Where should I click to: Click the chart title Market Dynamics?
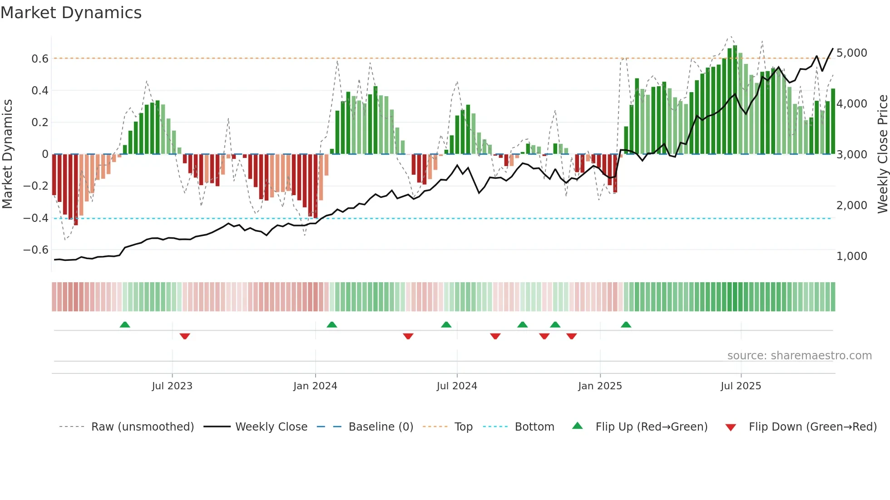click(x=71, y=13)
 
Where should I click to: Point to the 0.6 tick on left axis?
click(x=40, y=59)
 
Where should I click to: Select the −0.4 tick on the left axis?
click(x=36, y=218)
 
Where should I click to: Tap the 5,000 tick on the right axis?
click(x=851, y=53)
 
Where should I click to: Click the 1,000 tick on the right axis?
click(x=851, y=256)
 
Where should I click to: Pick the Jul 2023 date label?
click(x=172, y=386)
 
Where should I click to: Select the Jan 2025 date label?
click(x=600, y=386)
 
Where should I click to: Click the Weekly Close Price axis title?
click(x=882, y=154)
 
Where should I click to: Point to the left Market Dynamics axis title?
click(x=7, y=154)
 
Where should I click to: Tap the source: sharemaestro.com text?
click(x=799, y=356)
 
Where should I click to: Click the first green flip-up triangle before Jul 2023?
click(x=125, y=324)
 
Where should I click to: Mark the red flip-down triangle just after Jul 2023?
click(x=185, y=336)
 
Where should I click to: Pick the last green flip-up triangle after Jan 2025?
click(x=626, y=324)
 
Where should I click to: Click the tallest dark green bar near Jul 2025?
click(x=735, y=100)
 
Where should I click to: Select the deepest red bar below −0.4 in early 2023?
click(x=76, y=190)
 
